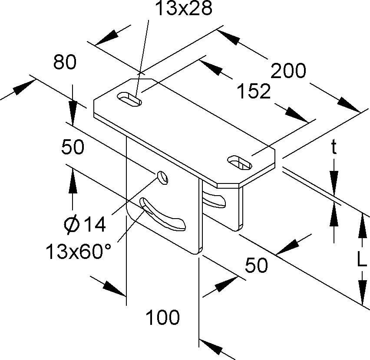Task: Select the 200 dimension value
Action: pyautogui.click(x=288, y=71)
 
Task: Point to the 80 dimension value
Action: pyautogui.click(x=65, y=63)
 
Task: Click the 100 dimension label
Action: pyautogui.click(x=162, y=318)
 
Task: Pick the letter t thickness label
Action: pyautogui.click(x=334, y=149)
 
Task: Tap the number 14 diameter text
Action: pyautogui.click(x=94, y=225)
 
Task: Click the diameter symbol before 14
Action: pyautogui.click(x=71, y=225)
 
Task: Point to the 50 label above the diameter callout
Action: pyautogui.click(x=72, y=147)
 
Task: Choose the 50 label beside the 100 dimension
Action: pyautogui.click(x=257, y=265)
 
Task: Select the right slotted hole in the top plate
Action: pyautogui.click(x=240, y=163)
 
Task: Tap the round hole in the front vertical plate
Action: pyautogui.click(x=162, y=177)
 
